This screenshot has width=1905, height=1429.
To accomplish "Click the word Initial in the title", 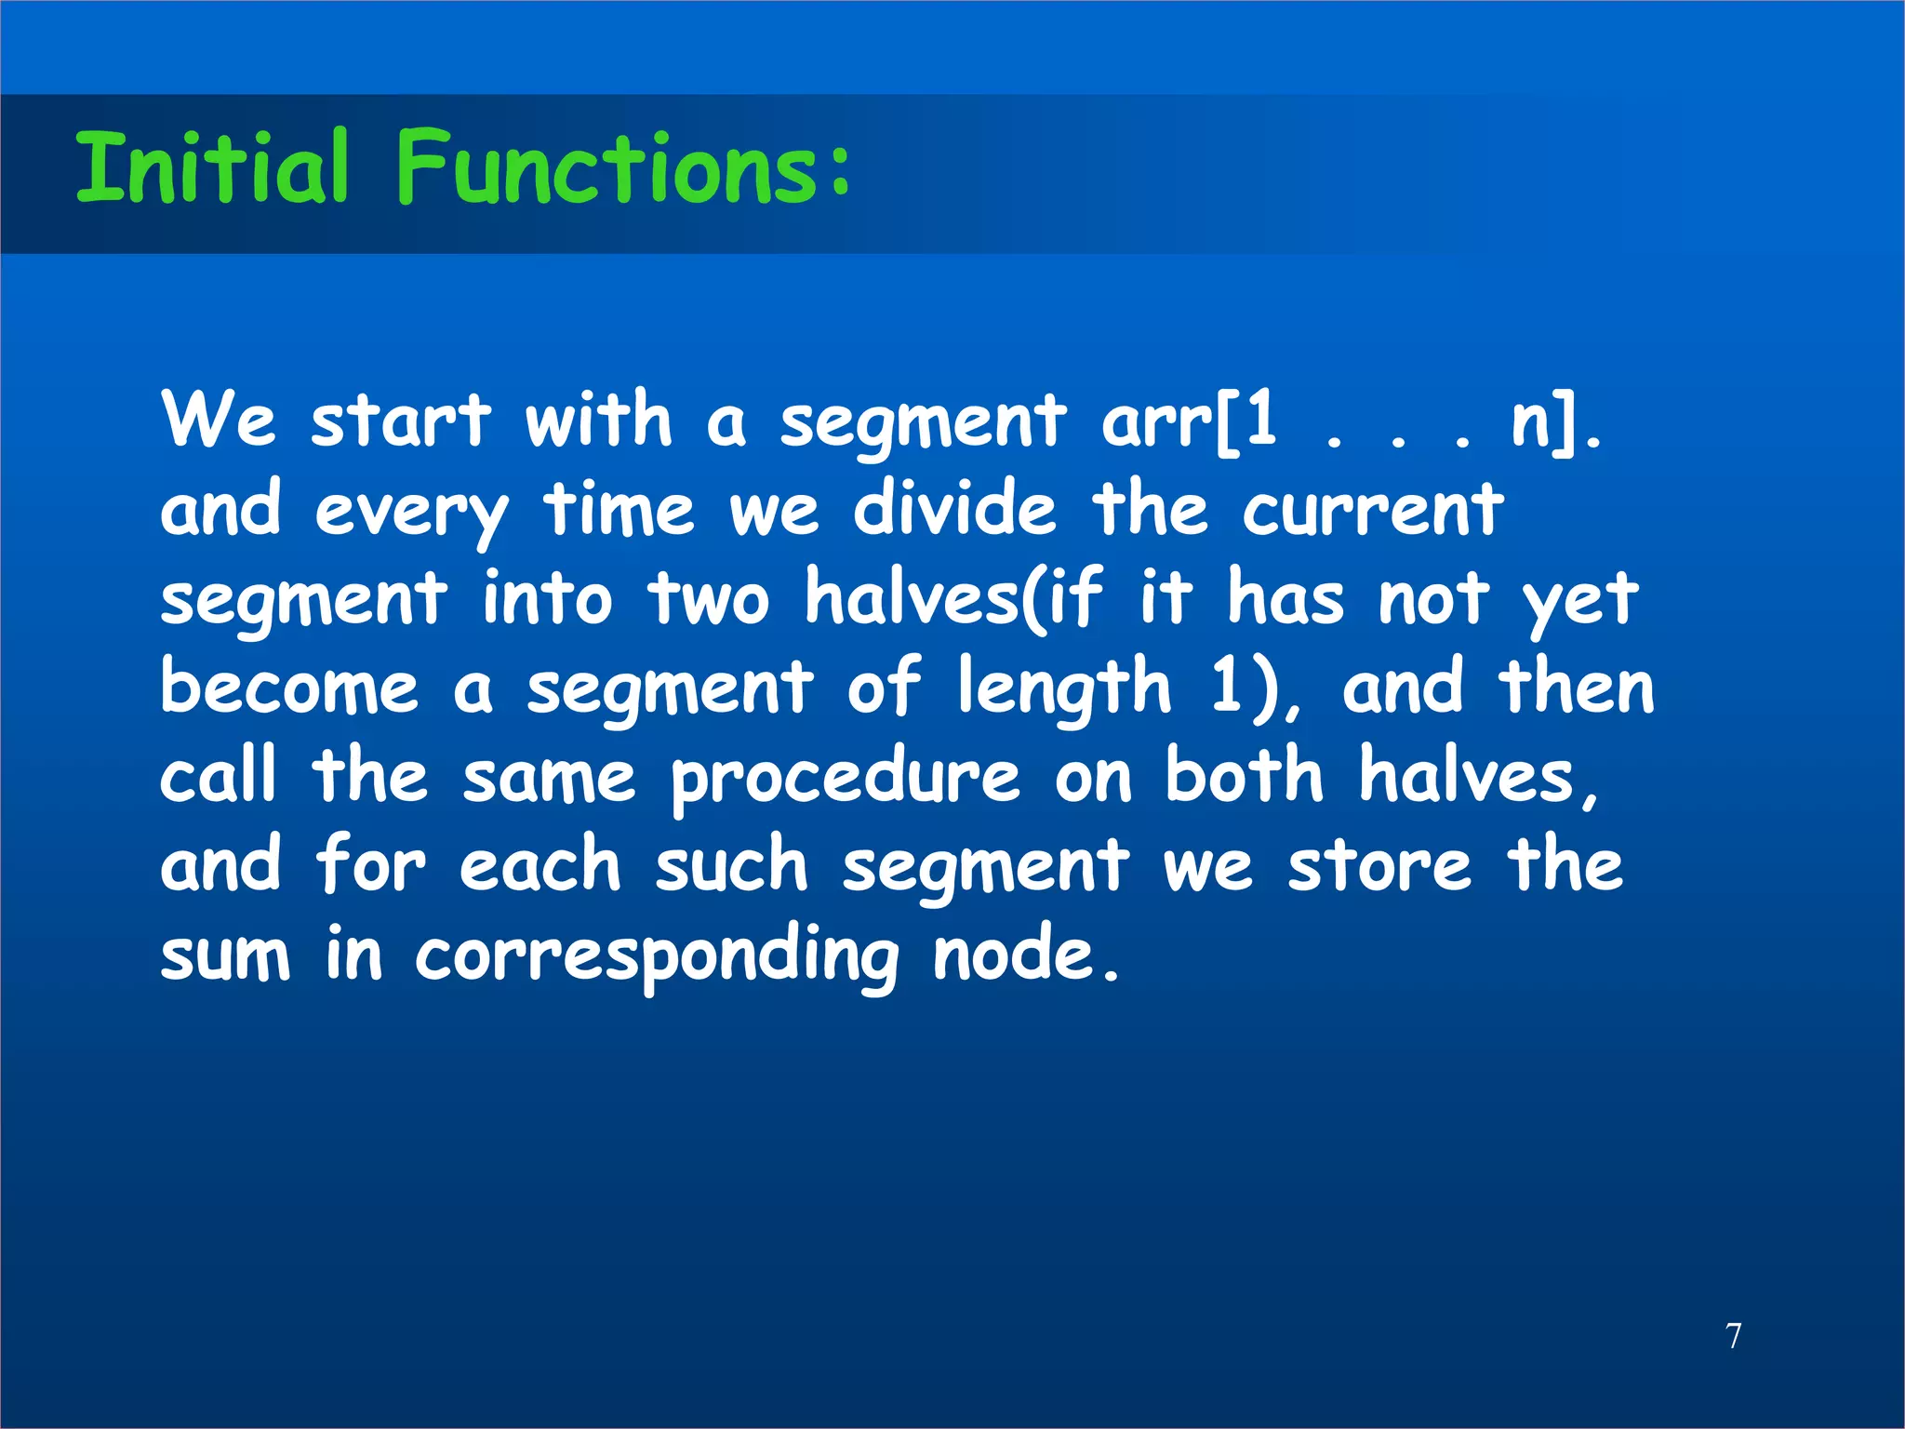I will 212,167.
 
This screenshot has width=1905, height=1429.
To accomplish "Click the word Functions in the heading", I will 609,167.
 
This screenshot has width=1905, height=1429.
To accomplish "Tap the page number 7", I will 1733,1336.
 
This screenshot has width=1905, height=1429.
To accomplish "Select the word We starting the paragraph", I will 219,421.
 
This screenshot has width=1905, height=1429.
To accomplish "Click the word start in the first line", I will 400,421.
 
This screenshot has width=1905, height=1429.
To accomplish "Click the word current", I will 1372,511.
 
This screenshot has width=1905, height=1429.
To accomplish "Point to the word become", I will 289,688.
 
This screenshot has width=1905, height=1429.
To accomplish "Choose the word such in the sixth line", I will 731,865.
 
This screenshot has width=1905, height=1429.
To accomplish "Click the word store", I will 1379,865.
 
